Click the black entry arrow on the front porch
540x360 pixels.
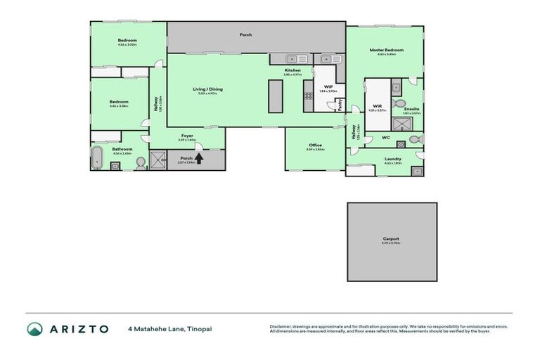(x=198, y=158)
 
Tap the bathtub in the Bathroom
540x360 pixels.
(x=98, y=159)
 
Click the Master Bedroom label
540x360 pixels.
(x=387, y=50)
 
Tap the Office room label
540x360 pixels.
(x=315, y=145)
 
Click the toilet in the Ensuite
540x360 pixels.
(x=399, y=103)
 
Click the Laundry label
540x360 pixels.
(x=393, y=158)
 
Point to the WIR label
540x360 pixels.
(x=377, y=106)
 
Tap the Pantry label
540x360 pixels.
(x=340, y=103)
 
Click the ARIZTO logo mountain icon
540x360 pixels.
(x=34, y=328)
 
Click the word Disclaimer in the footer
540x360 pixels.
(x=281, y=326)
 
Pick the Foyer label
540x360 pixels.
(x=187, y=136)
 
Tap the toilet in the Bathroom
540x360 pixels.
(x=139, y=162)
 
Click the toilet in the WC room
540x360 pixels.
(x=413, y=139)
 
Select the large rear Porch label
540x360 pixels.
(x=245, y=34)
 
